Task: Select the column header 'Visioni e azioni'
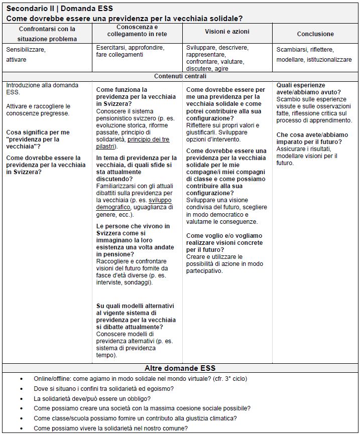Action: [227, 32]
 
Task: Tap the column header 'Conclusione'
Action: [315, 34]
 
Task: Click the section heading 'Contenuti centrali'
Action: [180, 77]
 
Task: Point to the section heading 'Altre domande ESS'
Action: [180, 368]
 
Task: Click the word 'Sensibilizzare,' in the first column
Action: [26, 50]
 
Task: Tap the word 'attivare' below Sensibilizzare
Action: [16, 59]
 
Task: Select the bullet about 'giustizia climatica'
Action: [135, 418]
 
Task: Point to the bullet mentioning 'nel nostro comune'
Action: [110, 428]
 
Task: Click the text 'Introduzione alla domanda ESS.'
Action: [42, 89]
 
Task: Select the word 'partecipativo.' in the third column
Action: [204, 271]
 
